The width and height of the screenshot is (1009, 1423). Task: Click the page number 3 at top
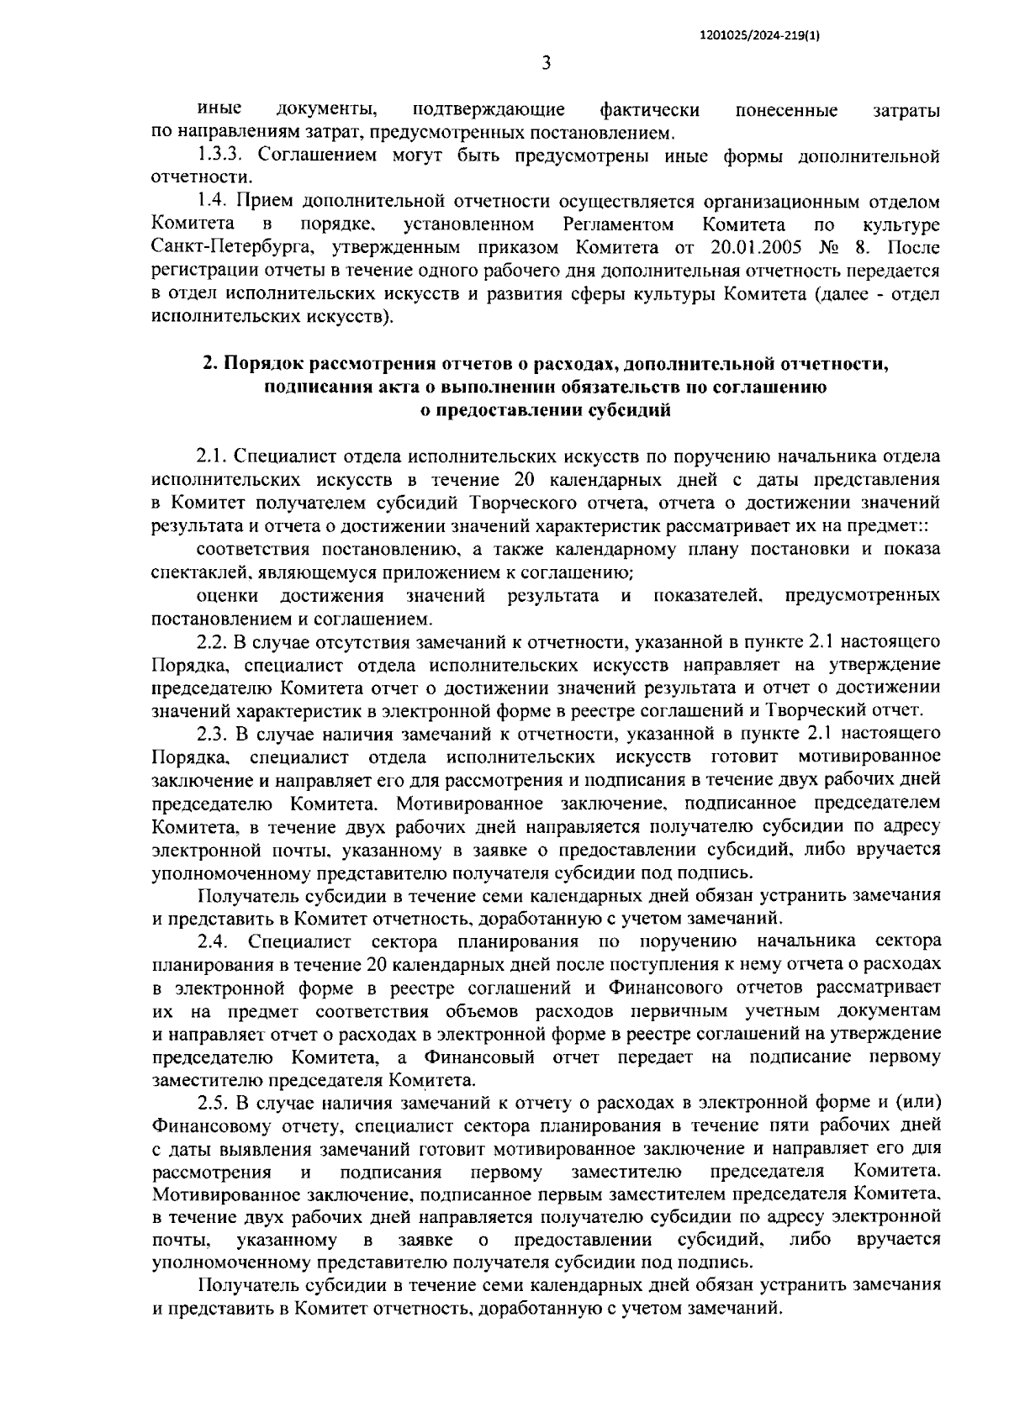pyautogui.click(x=546, y=64)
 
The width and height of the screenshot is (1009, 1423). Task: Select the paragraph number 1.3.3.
pyautogui.click(x=221, y=155)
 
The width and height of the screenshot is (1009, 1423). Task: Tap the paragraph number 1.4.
pyautogui.click(x=212, y=202)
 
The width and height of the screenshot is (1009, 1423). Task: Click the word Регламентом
pyautogui.click(x=619, y=225)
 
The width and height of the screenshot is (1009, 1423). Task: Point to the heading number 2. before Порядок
pyautogui.click(x=210, y=364)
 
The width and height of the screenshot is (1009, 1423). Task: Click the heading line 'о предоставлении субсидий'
pyautogui.click(x=546, y=410)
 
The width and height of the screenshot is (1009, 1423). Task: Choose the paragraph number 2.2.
pyautogui.click(x=214, y=642)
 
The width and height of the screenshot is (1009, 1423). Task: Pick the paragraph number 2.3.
pyautogui.click(x=214, y=735)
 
